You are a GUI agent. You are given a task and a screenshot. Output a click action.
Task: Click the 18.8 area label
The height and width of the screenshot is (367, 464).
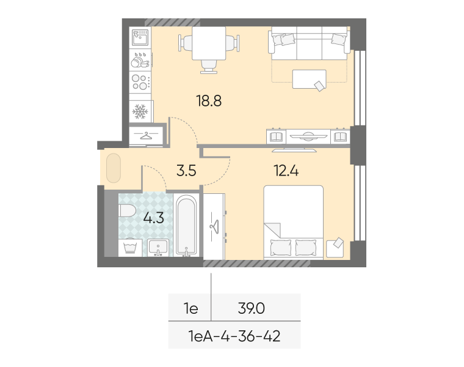pos(209,101)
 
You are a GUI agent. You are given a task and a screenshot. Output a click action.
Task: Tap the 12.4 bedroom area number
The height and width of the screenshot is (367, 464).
pos(286,171)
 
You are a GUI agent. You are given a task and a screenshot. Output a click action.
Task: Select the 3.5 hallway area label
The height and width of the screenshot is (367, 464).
pos(186,171)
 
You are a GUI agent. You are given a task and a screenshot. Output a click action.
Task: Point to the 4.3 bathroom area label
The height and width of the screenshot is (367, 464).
pos(154,218)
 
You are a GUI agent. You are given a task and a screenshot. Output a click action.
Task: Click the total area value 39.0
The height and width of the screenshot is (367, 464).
pos(252,309)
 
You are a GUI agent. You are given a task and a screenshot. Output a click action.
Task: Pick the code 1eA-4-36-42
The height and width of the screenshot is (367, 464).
pos(234,336)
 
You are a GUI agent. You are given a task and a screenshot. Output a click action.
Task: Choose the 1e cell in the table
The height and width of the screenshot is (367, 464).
pos(191,309)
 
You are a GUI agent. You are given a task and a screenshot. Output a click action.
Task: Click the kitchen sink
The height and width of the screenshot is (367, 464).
pos(140,38)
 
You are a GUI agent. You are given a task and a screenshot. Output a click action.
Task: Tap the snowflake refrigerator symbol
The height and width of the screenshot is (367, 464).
pos(140,111)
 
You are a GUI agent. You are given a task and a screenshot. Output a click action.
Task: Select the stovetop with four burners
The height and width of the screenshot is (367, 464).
pos(140,82)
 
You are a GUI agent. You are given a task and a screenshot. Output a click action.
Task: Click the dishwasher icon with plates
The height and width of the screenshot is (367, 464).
pos(140,60)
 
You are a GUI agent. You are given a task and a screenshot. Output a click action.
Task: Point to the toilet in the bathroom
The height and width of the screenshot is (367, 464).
pos(127,211)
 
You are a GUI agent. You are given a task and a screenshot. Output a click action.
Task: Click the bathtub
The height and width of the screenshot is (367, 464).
pos(186,224)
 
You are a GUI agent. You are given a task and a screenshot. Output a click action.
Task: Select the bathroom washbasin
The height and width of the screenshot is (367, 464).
pos(158,248)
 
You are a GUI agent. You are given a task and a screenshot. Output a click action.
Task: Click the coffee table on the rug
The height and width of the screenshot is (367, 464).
pos(310,79)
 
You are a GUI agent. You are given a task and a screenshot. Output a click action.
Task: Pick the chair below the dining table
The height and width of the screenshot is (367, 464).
pos(209,67)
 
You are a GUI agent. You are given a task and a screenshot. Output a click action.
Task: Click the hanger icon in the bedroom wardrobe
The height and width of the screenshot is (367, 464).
pos(214,226)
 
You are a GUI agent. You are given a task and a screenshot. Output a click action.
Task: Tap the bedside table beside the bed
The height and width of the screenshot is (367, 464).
pos(335,248)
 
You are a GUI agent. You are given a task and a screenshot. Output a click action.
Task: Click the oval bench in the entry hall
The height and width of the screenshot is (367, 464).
pos(114,168)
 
